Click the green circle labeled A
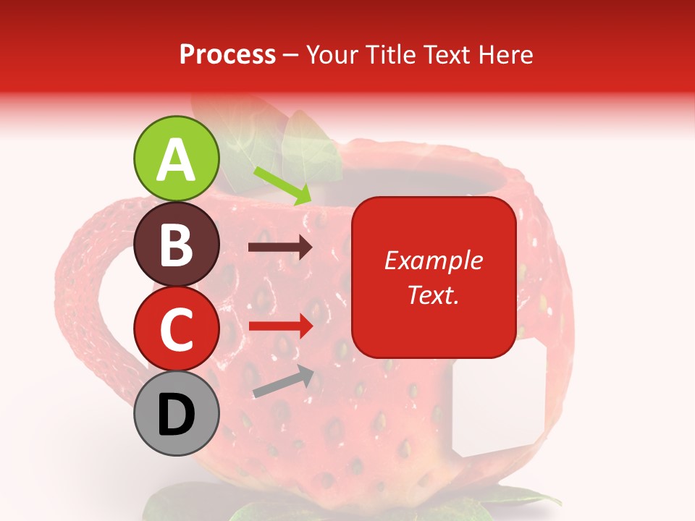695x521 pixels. pos(176,158)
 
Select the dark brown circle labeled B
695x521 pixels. pos(176,244)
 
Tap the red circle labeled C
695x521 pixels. pos(176,328)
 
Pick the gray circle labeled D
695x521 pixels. pos(176,413)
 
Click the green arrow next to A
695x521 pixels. pos(283,185)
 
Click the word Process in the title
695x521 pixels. pos(227,55)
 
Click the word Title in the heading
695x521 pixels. pos(389,55)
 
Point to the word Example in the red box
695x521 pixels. pos(433,260)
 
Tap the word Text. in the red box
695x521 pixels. pos(433,295)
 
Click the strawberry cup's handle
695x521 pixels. pos(80,289)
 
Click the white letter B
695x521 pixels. pos(176,244)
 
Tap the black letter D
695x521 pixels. pos(176,415)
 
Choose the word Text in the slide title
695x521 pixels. pos(444,55)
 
